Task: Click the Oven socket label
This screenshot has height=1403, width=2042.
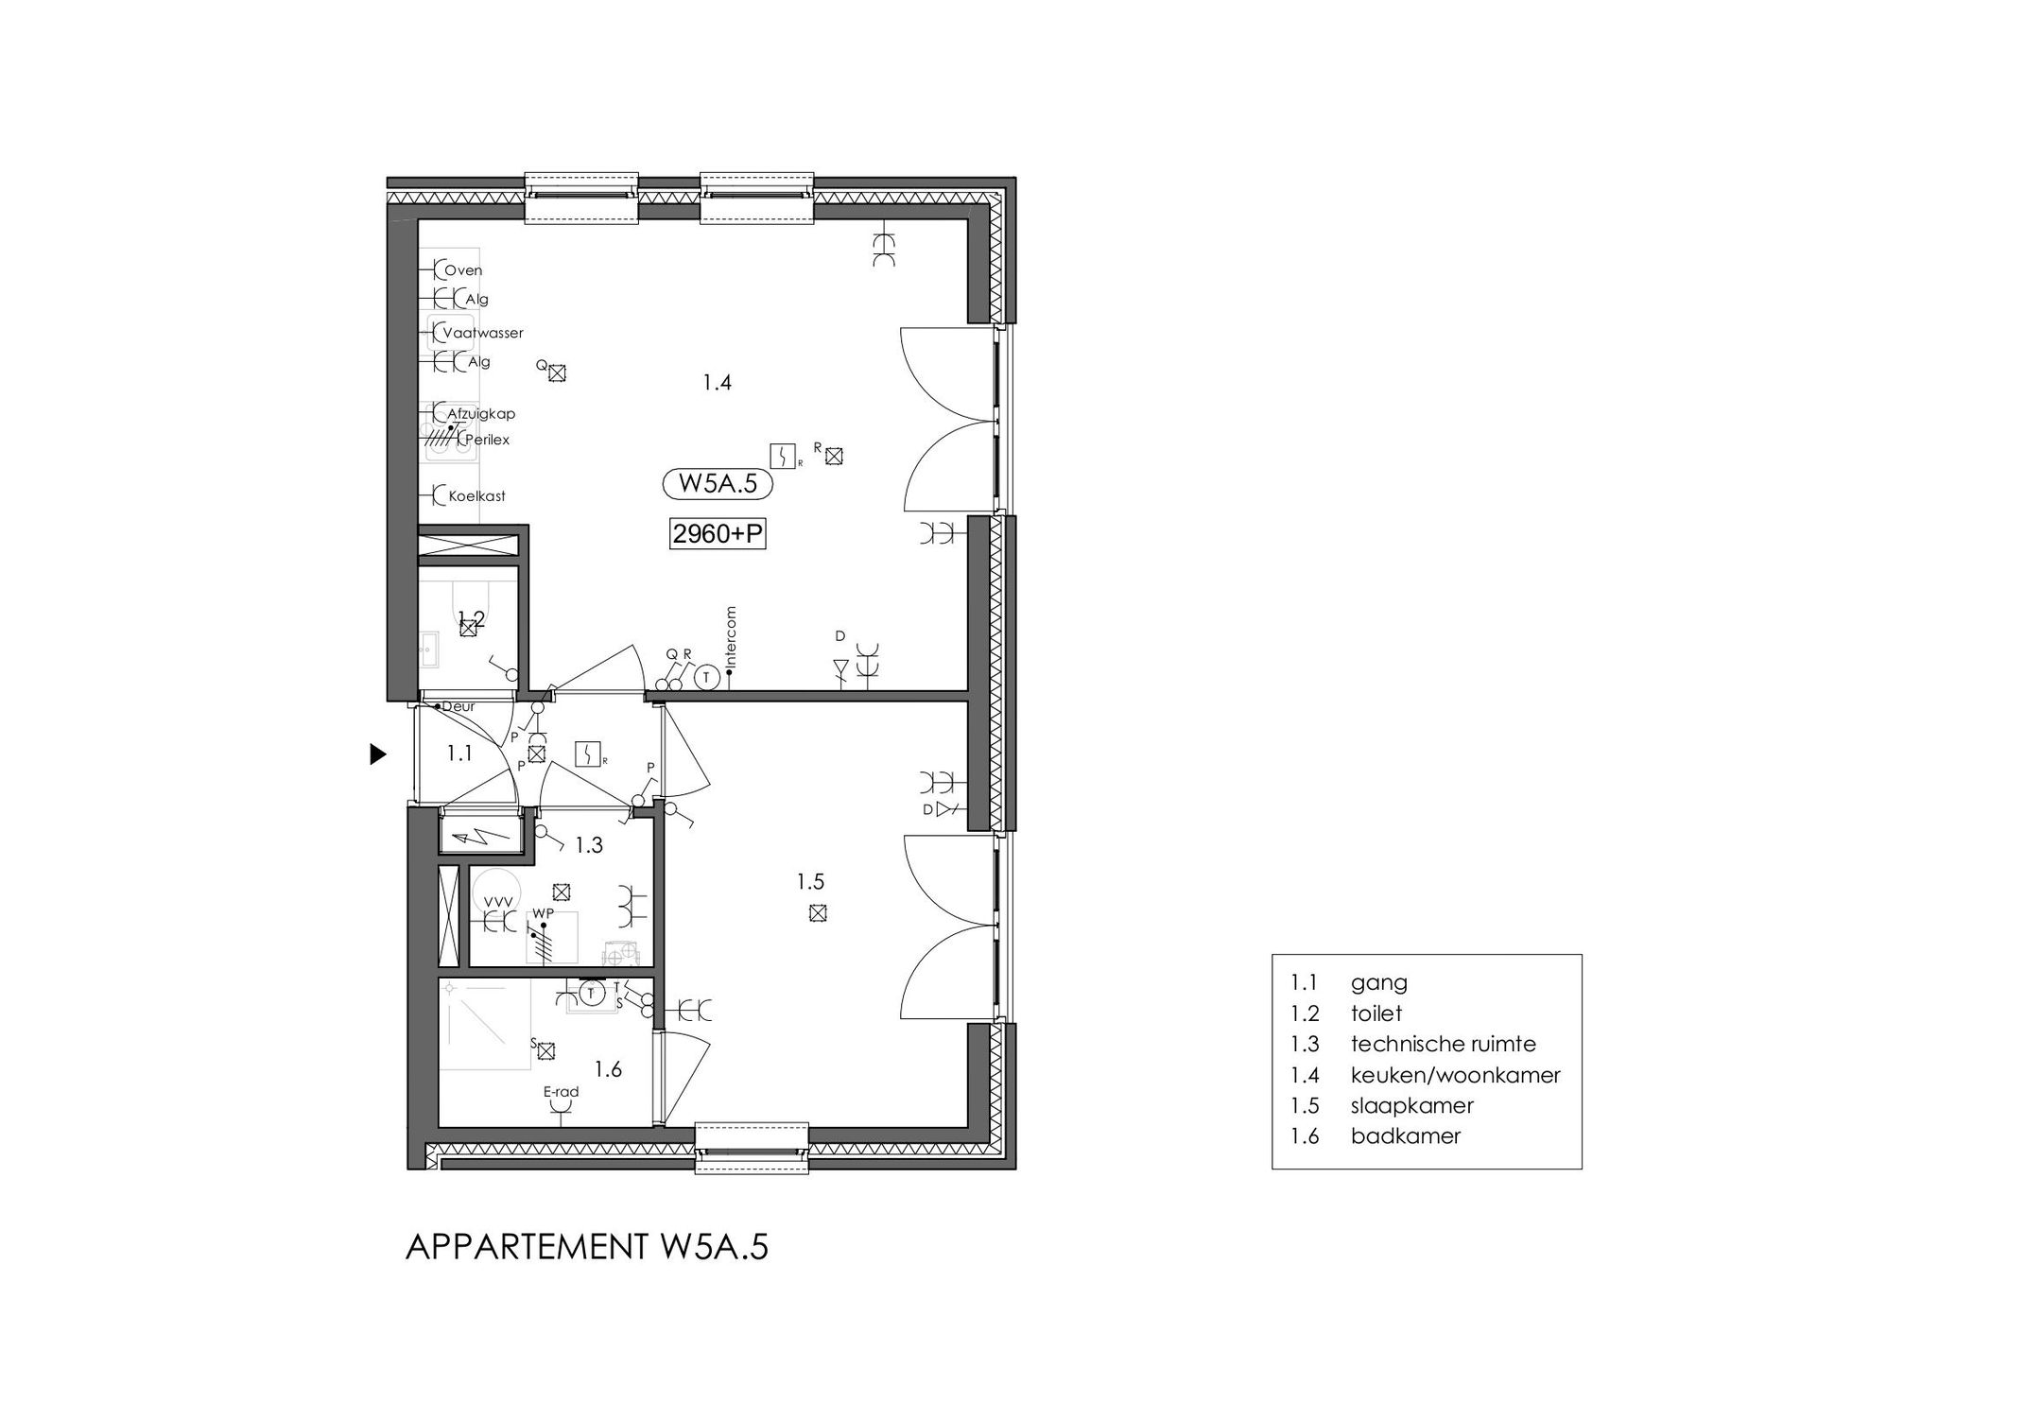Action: [463, 270]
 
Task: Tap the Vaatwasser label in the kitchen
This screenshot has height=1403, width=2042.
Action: [483, 333]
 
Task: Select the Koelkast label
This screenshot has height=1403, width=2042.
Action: [476, 495]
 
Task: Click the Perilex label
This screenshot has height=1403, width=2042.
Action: [487, 440]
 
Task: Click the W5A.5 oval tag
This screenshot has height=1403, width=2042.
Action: [718, 484]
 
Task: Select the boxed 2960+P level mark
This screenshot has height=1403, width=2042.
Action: [717, 534]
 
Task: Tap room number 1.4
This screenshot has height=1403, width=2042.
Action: [717, 383]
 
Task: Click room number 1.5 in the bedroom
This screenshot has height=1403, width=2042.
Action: [810, 882]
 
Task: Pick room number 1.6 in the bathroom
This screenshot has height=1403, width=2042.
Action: [608, 1069]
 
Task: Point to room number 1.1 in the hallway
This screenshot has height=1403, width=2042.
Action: [459, 753]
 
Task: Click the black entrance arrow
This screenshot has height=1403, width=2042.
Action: [378, 754]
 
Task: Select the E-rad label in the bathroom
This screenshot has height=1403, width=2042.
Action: [561, 1092]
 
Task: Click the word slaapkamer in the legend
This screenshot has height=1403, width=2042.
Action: [1411, 1105]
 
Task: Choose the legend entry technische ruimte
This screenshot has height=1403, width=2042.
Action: [1443, 1044]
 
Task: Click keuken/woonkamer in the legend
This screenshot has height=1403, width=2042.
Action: [1455, 1075]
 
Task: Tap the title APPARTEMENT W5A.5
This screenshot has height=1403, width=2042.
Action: [586, 1248]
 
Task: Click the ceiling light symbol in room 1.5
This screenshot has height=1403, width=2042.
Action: [819, 913]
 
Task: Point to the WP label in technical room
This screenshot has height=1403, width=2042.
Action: [543, 912]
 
